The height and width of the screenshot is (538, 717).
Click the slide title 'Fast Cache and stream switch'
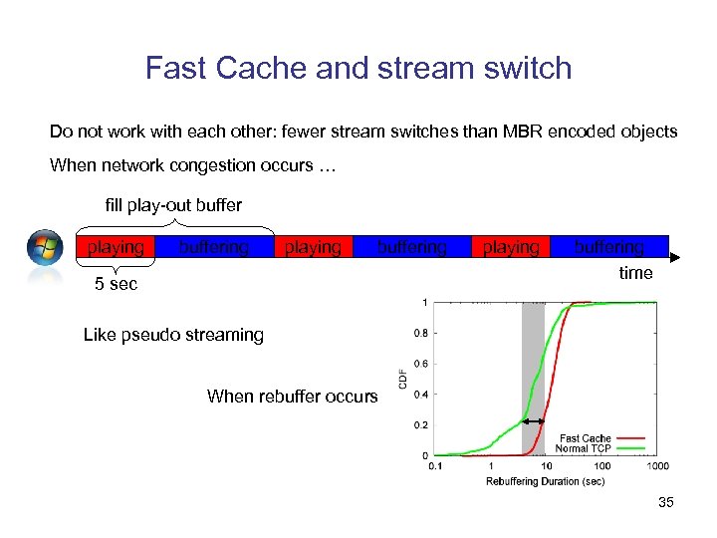click(x=358, y=68)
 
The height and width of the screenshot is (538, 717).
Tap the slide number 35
click(x=665, y=503)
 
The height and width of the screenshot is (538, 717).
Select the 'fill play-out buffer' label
click(x=173, y=205)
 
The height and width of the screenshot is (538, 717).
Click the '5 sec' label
click(x=116, y=284)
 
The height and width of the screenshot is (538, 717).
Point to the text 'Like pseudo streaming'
click(x=173, y=335)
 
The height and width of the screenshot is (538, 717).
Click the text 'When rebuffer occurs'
click(x=292, y=397)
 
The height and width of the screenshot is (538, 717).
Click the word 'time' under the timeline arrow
click(x=635, y=273)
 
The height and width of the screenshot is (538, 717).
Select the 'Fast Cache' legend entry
click(x=586, y=438)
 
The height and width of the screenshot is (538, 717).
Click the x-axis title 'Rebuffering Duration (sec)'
click(x=546, y=482)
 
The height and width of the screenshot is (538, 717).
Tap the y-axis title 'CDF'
click(x=403, y=379)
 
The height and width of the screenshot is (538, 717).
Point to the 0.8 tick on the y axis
click(x=422, y=333)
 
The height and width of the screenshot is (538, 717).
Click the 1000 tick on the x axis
click(x=656, y=465)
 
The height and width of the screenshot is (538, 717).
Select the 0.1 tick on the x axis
click(x=435, y=465)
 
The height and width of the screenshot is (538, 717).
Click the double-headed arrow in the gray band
click(x=533, y=421)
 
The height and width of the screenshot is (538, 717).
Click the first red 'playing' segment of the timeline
click(x=116, y=246)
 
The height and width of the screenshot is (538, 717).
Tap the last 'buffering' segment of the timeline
click(x=608, y=246)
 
